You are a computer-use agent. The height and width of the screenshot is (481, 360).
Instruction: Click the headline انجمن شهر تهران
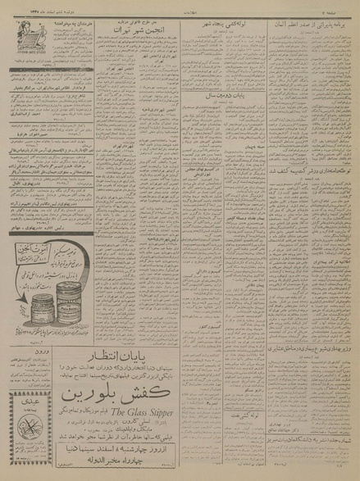126,28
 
